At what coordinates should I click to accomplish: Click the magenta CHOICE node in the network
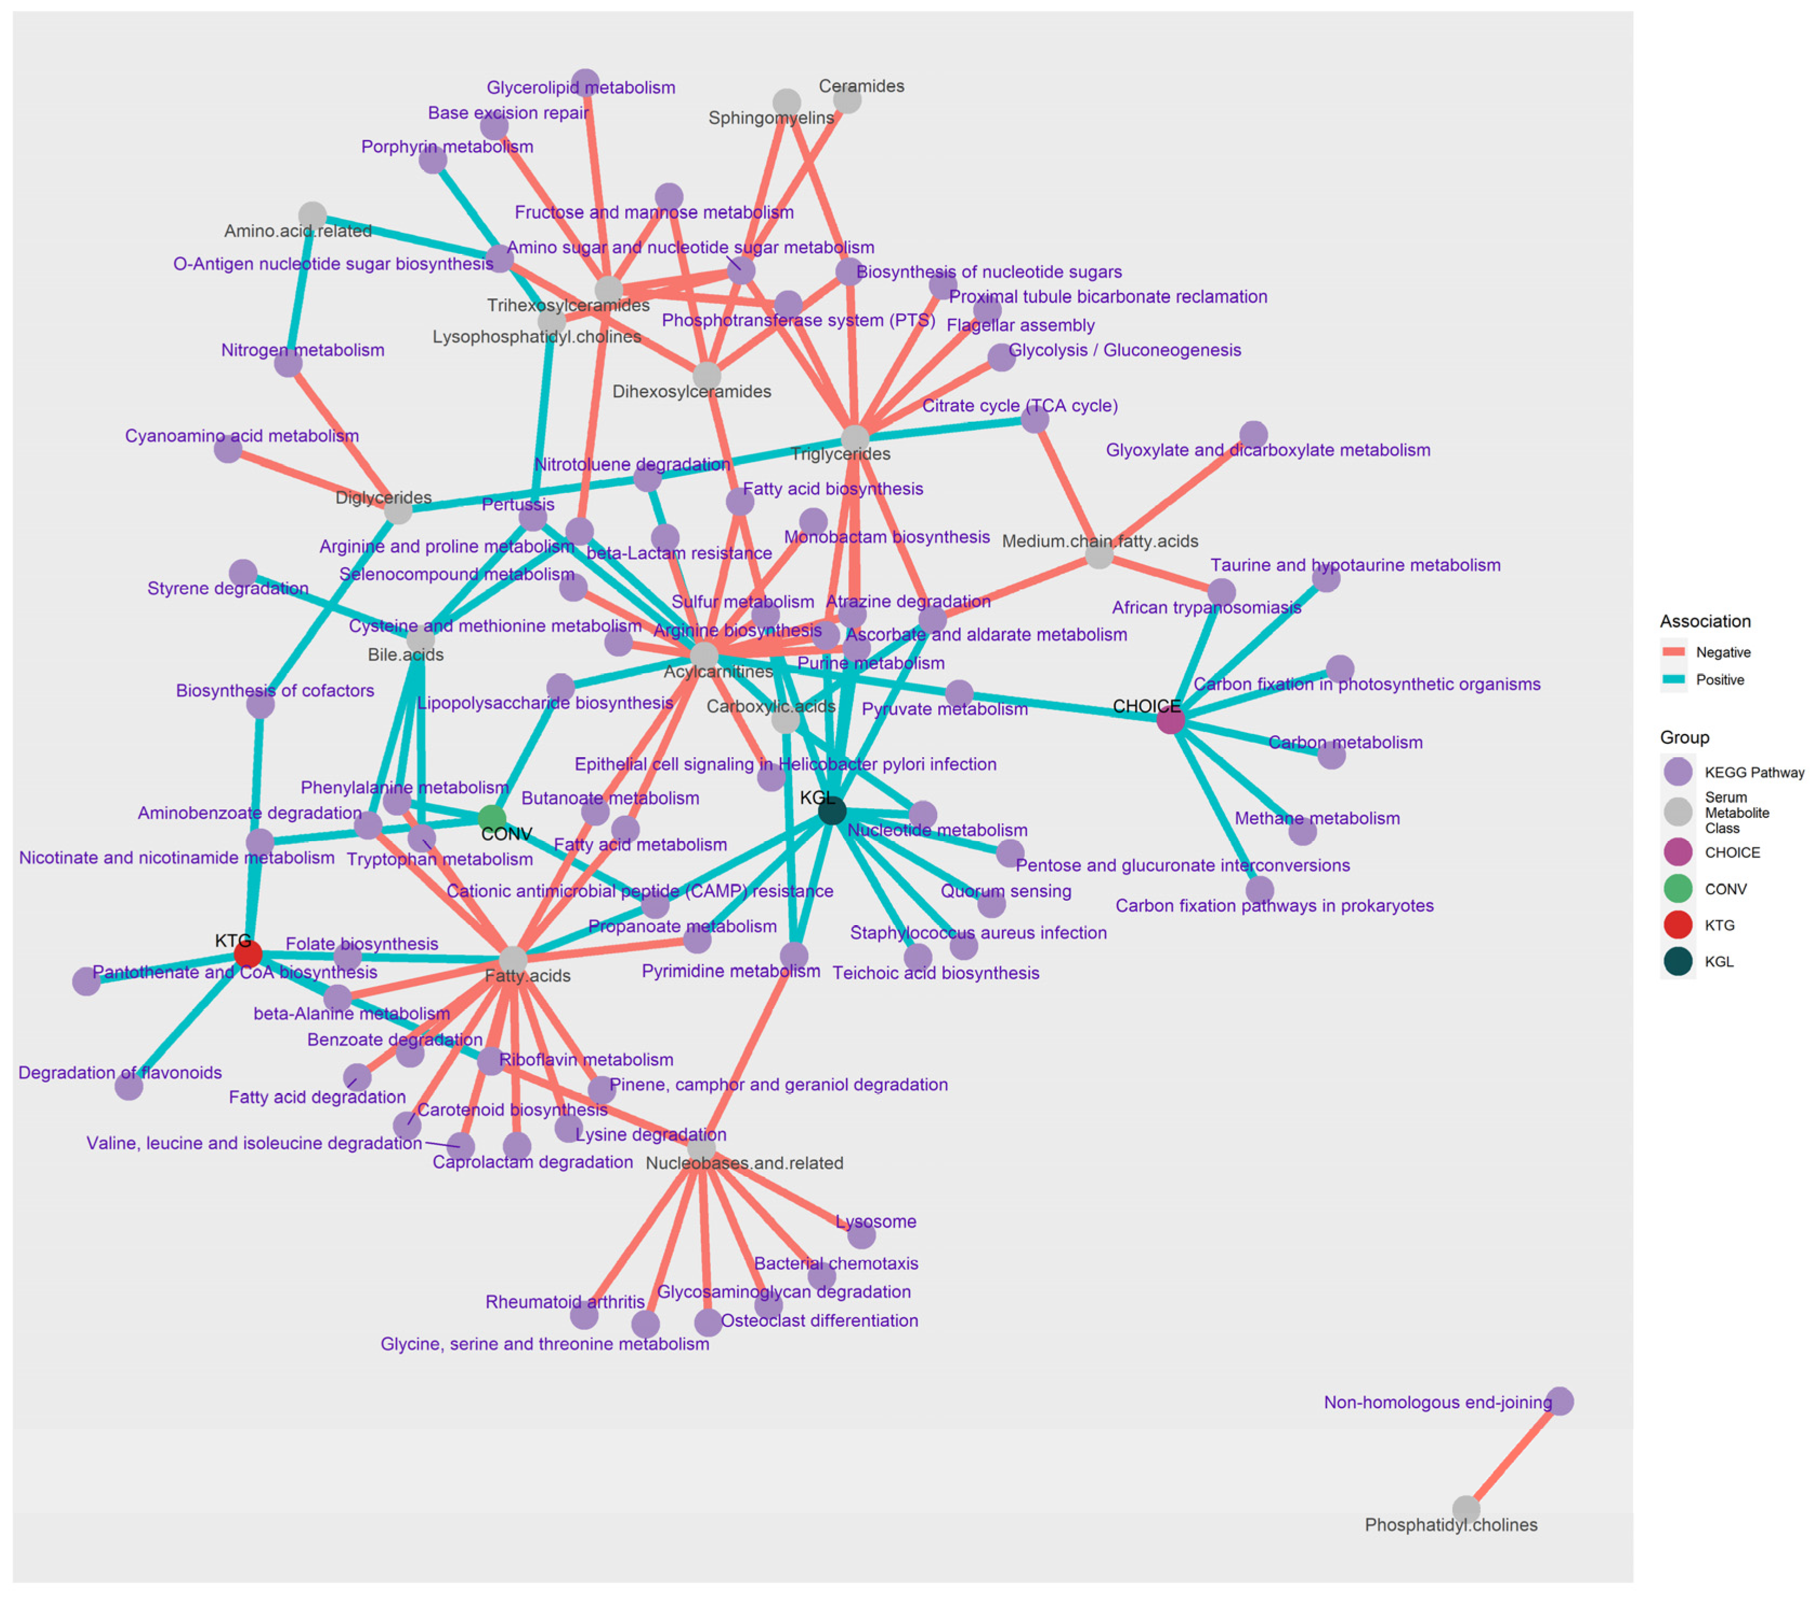1170,720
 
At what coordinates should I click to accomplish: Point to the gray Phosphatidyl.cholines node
1465,1509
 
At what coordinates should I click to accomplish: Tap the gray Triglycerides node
854,438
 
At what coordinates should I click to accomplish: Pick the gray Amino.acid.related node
312,215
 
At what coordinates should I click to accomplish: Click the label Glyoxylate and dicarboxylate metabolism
1267,450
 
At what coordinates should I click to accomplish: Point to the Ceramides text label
861,86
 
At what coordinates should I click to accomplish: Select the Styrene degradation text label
228,588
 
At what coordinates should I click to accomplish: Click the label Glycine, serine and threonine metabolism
545,1344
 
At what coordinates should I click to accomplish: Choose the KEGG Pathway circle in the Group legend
1678,772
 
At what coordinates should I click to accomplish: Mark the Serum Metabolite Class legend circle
1678,812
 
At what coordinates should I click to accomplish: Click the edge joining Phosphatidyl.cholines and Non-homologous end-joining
1513,1455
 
